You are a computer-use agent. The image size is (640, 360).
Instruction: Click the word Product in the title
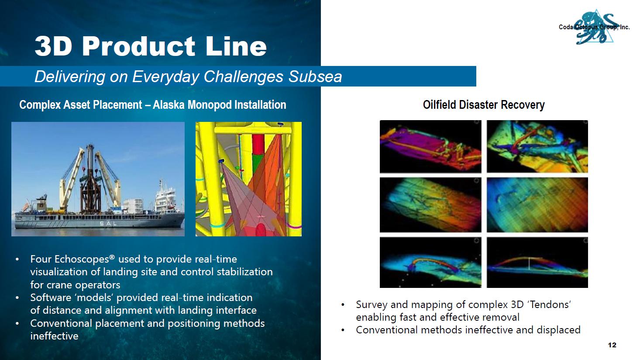click(x=138, y=46)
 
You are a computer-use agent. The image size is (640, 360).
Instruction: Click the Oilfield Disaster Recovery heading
click(x=484, y=105)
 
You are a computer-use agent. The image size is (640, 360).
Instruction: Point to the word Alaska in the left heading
click(x=169, y=105)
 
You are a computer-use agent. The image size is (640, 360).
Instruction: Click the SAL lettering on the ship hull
click(x=108, y=224)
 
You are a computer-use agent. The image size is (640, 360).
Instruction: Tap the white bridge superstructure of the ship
click(x=165, y=197)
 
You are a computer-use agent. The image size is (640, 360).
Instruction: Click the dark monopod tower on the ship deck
click(x=90, y=183)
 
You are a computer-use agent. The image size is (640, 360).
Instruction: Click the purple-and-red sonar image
click(x=430, y=146)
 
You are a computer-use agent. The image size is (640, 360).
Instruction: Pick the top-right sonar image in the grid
click(x=537, y=146)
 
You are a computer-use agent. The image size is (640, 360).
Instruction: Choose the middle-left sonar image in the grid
click(x=430, y=205)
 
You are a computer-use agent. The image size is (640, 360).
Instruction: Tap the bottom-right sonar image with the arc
click(x=537, y=263)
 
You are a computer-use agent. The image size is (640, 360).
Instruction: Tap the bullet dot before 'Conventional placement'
click(x=17, y=324)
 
